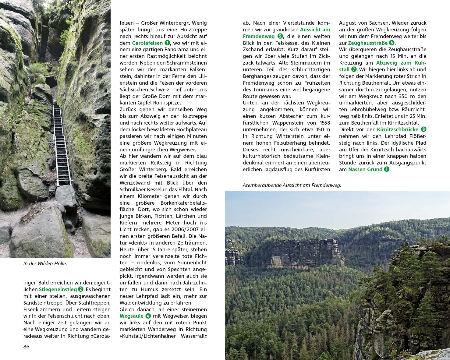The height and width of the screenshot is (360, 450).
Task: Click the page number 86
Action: pyautogui.click(x=27, y=347)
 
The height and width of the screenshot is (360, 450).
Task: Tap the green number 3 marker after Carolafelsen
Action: pyautogui.click(x=167, y=43)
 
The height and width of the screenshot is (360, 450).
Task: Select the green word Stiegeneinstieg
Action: pyautogui.click(x=58, y=289)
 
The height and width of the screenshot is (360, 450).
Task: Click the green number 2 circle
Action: pyautogui.click(x=80, y=289)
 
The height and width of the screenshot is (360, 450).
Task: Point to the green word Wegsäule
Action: pyautogui.click(x=131, y=316)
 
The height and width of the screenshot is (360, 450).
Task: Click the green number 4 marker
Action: pyautogui.click(x=148, y=316)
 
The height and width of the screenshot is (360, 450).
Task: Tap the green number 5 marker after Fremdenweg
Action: pyautogui.click(x=280, y=36)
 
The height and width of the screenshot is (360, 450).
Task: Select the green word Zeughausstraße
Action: pyautogui.click(x=368, y=43)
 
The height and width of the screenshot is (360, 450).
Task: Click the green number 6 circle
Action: pyautogui.click(x=392, y=43)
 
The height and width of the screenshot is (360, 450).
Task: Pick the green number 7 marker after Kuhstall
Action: pyautogui.click(x=354, y=69)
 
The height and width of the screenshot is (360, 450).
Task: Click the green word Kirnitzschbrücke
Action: pyautogui.click(x=398, y=129)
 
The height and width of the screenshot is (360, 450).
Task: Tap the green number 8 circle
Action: pyautogui.click(x=423, y=129)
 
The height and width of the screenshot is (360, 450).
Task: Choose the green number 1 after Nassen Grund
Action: pyautogui.click(x=387, y=169)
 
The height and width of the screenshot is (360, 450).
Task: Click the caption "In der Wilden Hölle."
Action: pyautogui.click(x=45, y=263)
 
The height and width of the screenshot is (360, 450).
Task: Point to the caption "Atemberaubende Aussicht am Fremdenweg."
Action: pyautogui.click(x=292, y=185)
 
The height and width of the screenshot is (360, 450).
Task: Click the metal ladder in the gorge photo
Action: pyautogui.click(x=62, y=143)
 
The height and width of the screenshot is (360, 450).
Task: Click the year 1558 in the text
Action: pyautogui.click(x=325, y=123)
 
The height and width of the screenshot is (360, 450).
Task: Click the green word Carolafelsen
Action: pyautogui.click(x=147, y=43)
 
